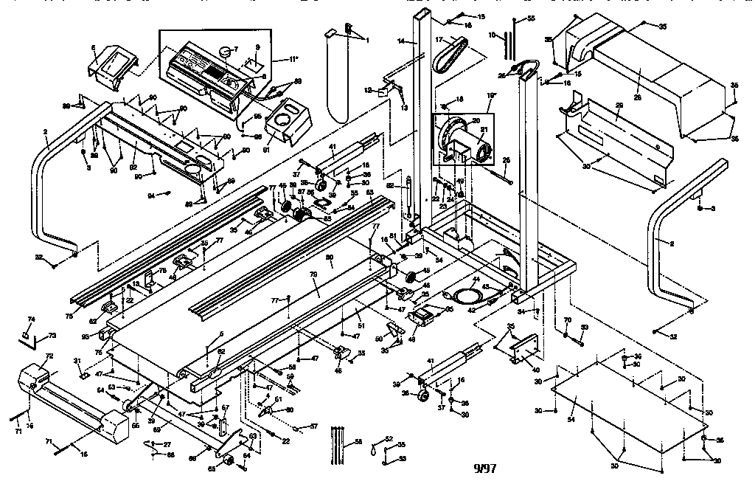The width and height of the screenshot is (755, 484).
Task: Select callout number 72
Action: pos(49,356)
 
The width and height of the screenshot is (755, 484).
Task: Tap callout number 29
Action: pos(619,106)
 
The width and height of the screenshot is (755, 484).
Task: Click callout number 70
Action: pos(567,319)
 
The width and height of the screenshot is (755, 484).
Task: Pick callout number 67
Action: pos(226,407)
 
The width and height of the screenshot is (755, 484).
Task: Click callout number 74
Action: pos(31,319)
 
